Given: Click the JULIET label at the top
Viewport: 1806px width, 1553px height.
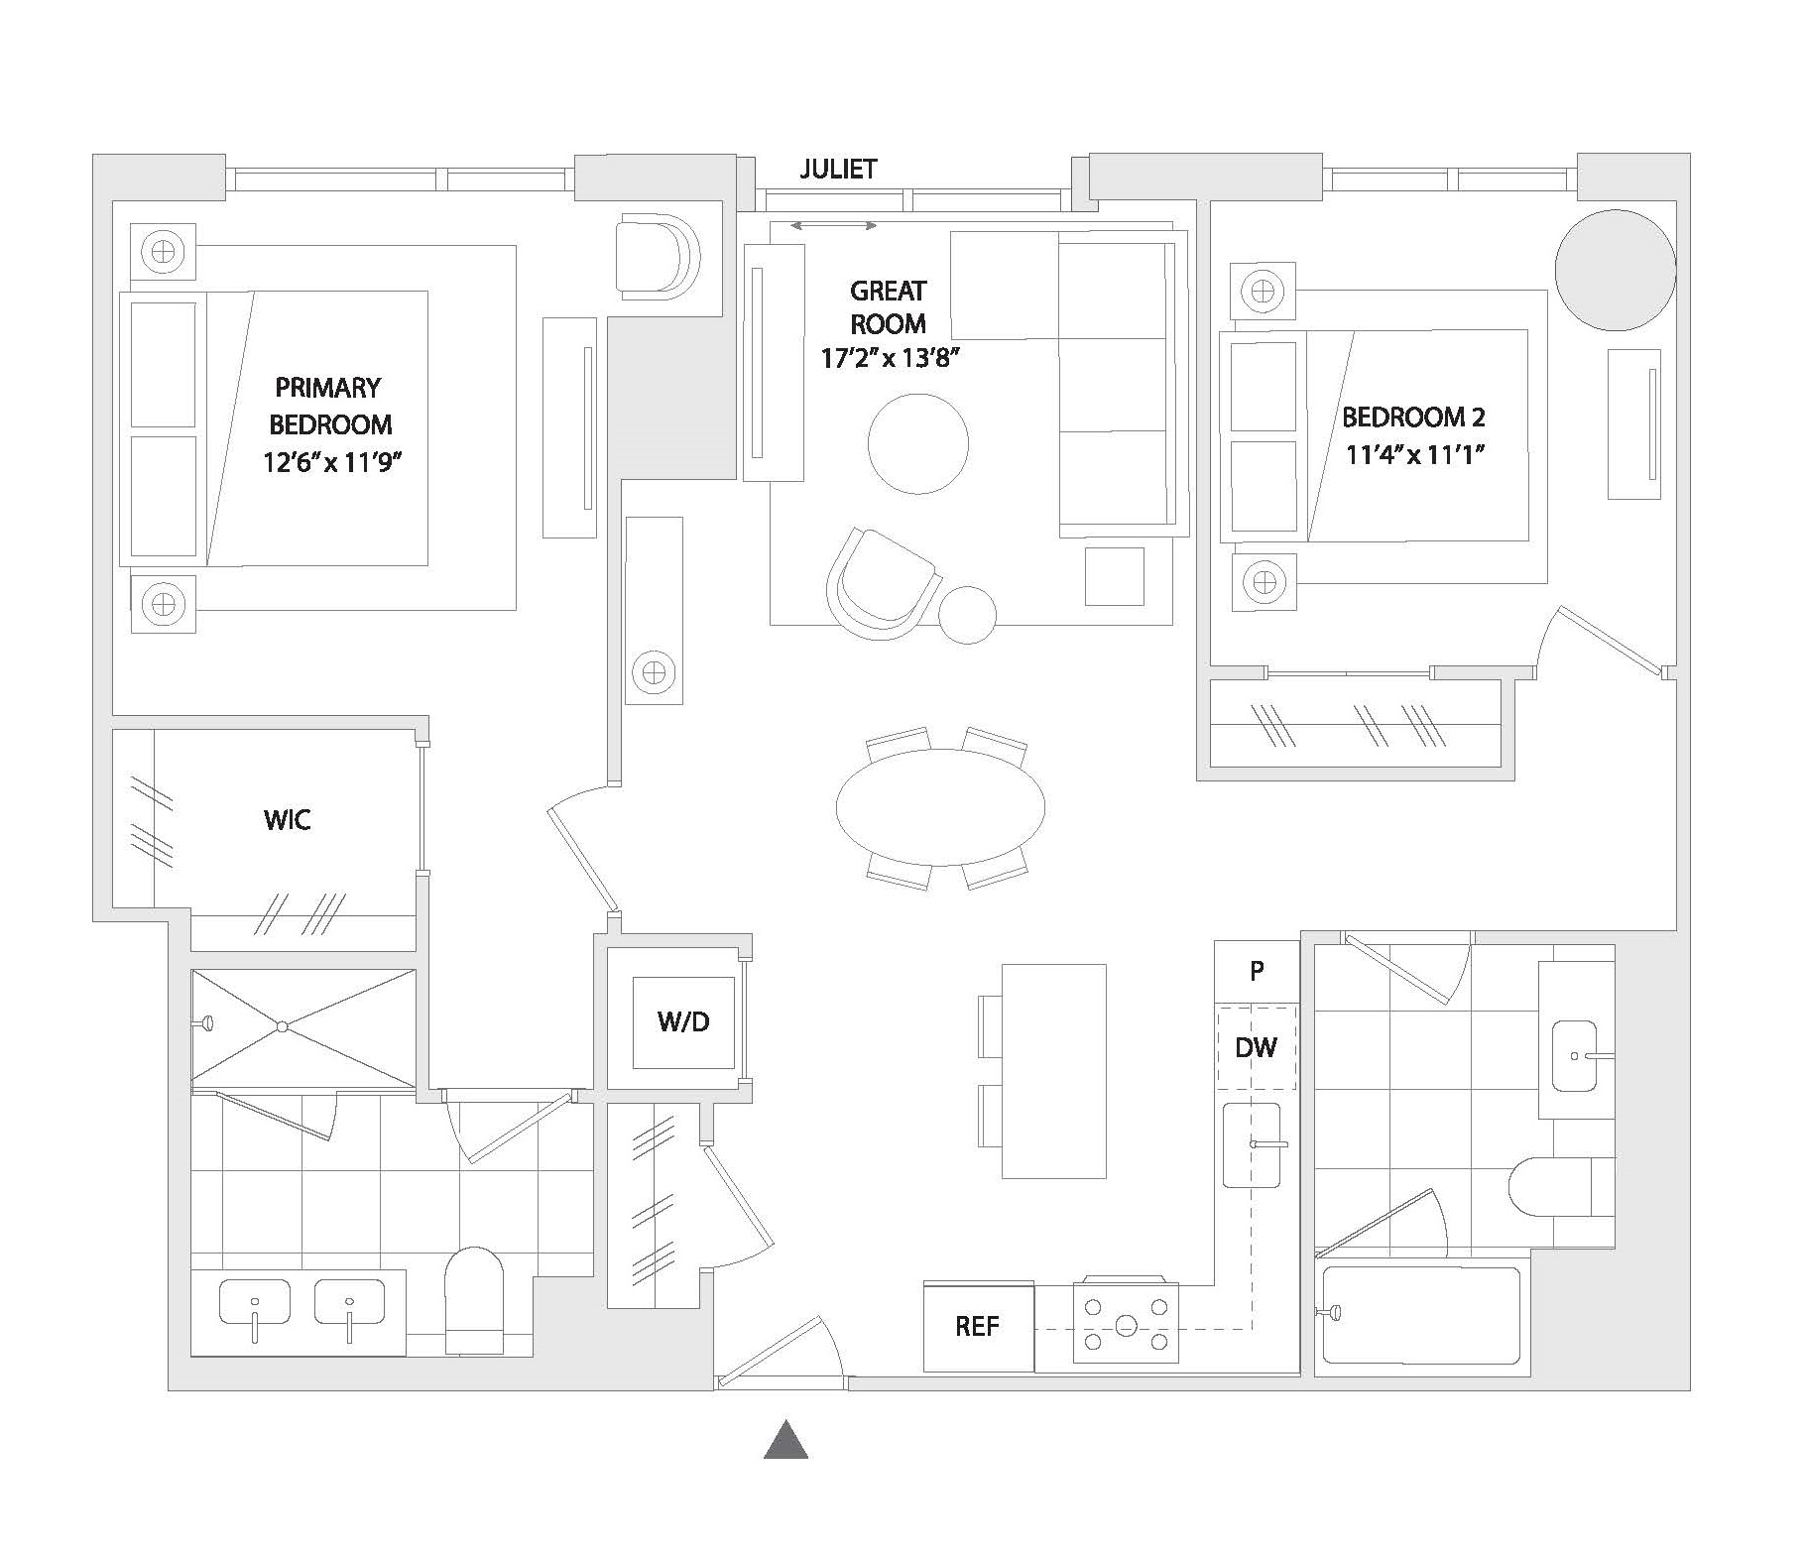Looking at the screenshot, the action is [838, 170].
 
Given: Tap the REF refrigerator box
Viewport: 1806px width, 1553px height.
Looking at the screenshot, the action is [978, 1327].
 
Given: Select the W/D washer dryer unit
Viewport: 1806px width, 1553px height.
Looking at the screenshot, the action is [684, 1022].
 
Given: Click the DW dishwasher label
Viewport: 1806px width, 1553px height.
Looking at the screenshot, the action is [1256, 1047].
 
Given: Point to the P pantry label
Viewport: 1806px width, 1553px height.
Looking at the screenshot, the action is [1257, 972].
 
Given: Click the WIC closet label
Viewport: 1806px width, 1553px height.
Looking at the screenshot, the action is [288, 820].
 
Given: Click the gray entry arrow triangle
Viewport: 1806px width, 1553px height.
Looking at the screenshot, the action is [785, 1439].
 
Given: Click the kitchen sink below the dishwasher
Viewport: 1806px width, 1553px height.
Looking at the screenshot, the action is [1252, 1144].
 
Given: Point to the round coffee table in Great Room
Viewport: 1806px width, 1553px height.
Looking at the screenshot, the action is [917, 443].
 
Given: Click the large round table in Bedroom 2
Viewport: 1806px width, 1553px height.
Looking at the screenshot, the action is [1615, 269].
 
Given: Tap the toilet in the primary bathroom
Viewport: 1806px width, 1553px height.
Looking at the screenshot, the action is [474, 1301].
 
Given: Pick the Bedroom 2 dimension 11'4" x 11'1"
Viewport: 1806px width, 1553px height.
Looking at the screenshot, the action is [1414, 455].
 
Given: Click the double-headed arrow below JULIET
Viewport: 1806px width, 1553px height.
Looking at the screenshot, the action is [833, 226].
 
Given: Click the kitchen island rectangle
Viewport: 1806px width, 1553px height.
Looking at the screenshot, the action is [1053, 1071].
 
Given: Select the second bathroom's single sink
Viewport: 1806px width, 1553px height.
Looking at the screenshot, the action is [1575, 1056].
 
